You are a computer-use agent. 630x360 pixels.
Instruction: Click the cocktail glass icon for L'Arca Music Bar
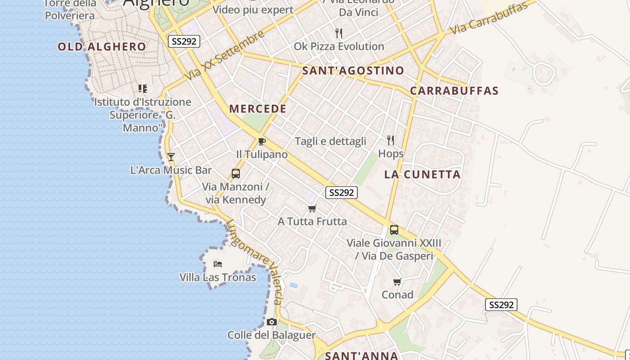[171, 157]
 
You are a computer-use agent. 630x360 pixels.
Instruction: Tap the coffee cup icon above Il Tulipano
[261, 141]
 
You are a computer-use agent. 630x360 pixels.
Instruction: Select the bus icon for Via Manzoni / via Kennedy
[235, 173]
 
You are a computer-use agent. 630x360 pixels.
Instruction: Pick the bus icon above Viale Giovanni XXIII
[394, 230]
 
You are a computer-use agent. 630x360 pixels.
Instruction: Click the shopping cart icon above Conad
[397, 282]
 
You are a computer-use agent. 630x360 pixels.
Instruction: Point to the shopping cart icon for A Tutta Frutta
[312, 208]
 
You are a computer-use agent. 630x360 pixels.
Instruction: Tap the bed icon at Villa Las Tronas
[218, 264]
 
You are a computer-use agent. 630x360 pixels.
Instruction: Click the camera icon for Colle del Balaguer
[271, 322]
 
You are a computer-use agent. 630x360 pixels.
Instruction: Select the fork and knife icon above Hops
[391, 140]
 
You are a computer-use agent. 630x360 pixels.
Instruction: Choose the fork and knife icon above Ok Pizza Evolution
[339, 33]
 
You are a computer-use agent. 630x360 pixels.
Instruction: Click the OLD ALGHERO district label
[102, 46]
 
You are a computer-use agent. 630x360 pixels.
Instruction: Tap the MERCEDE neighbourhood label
[258, 108]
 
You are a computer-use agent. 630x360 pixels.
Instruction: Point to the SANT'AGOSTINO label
[353, 71]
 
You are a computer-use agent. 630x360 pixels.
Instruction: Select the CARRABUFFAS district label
[454, 90]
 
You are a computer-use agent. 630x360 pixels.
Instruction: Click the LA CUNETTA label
[423, 175]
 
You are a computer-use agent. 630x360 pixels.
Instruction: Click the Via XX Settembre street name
[225, 56]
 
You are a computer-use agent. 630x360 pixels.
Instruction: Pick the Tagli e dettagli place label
[330, 141]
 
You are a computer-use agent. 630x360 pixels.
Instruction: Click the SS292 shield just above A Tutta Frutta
[341, 193]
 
